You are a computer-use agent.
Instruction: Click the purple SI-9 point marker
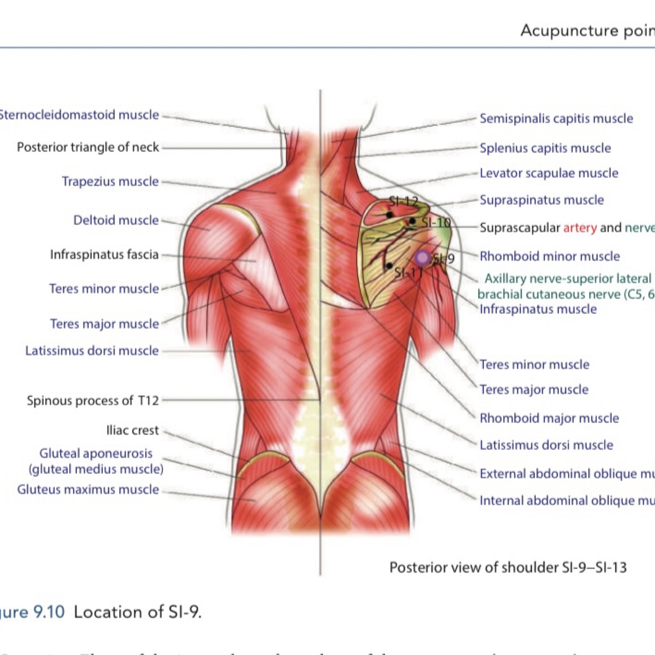tap(422, 257)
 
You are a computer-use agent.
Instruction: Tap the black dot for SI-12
tap(389, 215)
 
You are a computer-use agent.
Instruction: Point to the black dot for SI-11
tap(389, 266)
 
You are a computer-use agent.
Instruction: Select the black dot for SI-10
tap(412, 221)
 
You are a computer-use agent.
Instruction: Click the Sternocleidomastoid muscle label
tap(79, 115)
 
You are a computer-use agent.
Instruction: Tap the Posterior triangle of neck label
tap(88, 147)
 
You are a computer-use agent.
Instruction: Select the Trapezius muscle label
tap(110, 182)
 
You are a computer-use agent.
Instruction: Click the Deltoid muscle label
tap(116, 220)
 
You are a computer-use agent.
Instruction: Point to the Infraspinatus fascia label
tap(104, 255)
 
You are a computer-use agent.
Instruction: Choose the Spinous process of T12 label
tap(93, 401)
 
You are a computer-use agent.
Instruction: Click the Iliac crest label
tap(133, 431)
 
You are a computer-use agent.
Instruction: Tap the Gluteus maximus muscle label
tap(88, 490)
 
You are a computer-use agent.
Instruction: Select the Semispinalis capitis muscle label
tap(556, 119)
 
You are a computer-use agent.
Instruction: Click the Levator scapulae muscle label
tap(549, 173)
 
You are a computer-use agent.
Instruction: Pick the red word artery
tap(580, 228)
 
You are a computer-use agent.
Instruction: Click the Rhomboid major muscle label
tap(549, 418)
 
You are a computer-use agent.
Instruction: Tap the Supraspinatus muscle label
tap(542, 200)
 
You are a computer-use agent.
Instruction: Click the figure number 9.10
tap(49, 612)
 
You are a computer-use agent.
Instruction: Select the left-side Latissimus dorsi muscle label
tap(92, 351)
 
